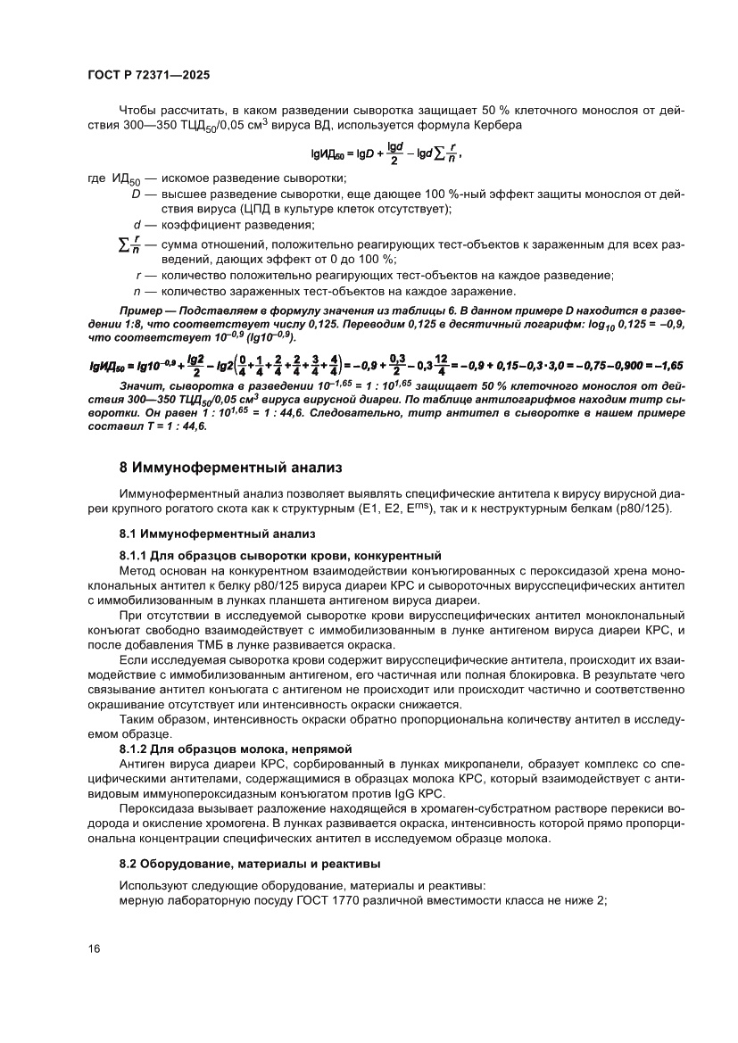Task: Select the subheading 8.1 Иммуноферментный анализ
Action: [218, 534]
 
